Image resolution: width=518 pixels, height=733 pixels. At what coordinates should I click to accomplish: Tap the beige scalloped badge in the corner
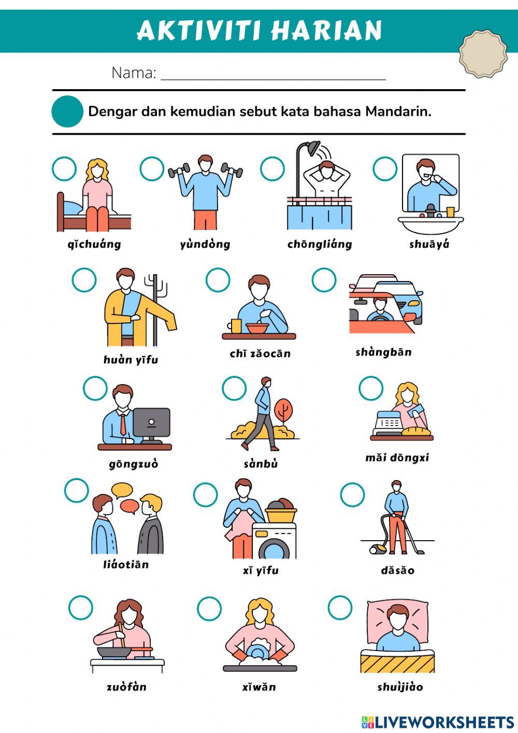tap(483, 54)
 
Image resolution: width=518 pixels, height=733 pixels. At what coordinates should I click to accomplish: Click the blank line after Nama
tap(274, 79)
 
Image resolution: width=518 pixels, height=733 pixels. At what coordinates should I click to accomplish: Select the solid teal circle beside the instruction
tap(67, 111)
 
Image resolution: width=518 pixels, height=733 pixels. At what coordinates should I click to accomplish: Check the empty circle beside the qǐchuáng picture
tap(64, 169)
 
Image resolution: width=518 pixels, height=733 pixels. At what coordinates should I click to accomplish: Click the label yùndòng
tap(205, 245)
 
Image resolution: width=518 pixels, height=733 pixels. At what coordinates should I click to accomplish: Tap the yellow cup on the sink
tap(450, 212)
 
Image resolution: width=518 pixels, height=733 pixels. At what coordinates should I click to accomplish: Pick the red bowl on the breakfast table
tap(257, 328)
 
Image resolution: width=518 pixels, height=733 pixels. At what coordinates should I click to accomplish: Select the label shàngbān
tap(384, 353)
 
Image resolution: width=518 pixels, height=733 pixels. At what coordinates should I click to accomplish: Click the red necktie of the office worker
tap(123, 425)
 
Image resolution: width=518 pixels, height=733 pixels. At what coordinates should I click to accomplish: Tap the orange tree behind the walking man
tap(283, 412)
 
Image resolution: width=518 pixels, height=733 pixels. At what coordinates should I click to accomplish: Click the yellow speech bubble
tap(122, 490)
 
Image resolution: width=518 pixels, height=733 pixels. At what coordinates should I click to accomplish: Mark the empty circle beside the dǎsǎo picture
tap(352, 495)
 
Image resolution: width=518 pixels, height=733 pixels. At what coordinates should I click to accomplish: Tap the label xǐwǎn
tap(259, 687)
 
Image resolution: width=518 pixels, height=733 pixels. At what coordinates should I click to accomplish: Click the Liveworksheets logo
tap(438, 722)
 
